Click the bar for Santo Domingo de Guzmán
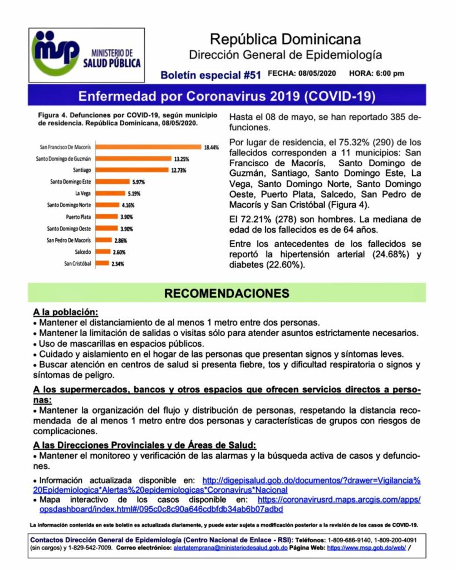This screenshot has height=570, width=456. pos(134,159)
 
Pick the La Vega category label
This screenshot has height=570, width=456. pos(83,193)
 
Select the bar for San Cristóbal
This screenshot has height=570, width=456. pos(104,263)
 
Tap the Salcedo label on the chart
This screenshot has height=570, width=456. pos(82,252)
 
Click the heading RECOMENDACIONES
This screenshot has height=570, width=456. pos(227,293)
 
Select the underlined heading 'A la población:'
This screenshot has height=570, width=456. pos(65,312)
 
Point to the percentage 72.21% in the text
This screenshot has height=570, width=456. pos(255,219)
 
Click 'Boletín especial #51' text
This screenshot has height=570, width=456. pos(210,74)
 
